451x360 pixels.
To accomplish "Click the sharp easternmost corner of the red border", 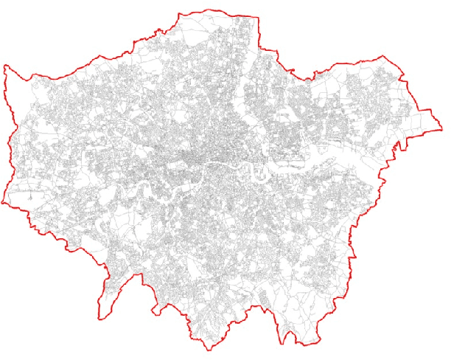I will [x=444, y=126].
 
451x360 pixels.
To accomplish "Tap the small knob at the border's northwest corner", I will [x=7, y=68].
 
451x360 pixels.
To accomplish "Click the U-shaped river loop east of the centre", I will [x=259, y=175].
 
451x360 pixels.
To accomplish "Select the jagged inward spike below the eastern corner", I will [x=402, y=148].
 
